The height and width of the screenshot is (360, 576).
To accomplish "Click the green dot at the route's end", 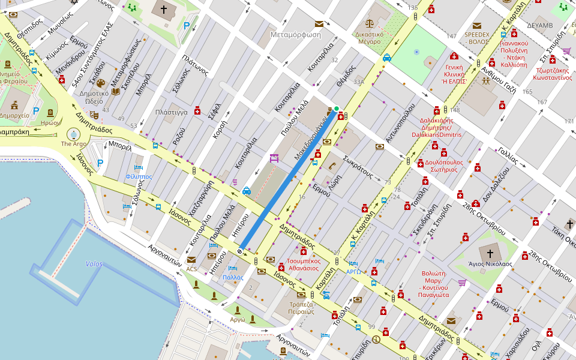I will [x=337, y=109].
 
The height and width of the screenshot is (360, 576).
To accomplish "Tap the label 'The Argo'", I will [x=74, y=144].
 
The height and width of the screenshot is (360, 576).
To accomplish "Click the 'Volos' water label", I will [x=94, y=264].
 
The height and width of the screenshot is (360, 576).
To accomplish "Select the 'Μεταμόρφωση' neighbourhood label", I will [x=296, y=34].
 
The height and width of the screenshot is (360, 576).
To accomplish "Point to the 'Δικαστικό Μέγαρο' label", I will [x=377, y=38].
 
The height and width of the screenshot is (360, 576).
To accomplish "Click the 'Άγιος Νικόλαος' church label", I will [x=490, y=263].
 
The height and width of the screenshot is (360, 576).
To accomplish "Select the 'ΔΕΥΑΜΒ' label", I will [x=539, y=26].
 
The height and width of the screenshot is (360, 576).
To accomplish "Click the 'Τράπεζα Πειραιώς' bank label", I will [x=301, y=307].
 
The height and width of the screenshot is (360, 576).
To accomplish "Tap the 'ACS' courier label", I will [x=191, y=269].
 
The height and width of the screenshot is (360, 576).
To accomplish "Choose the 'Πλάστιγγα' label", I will [x=172, y=112].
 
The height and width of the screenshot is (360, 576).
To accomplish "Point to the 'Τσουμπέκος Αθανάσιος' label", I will [x=302, y=265].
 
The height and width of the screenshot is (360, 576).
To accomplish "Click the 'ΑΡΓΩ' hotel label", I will [x=353, y=272].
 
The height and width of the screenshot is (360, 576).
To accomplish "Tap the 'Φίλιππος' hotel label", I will [x=139, y=177].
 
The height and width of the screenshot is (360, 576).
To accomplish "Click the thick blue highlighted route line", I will [x=288, y=179].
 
